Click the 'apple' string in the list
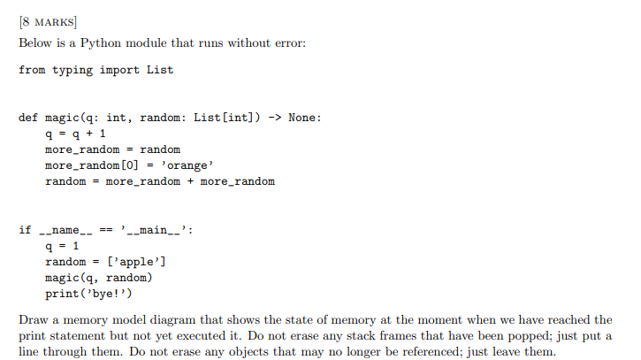[140, 263]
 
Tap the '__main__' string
[156, 230]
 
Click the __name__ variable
[67, 230]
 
